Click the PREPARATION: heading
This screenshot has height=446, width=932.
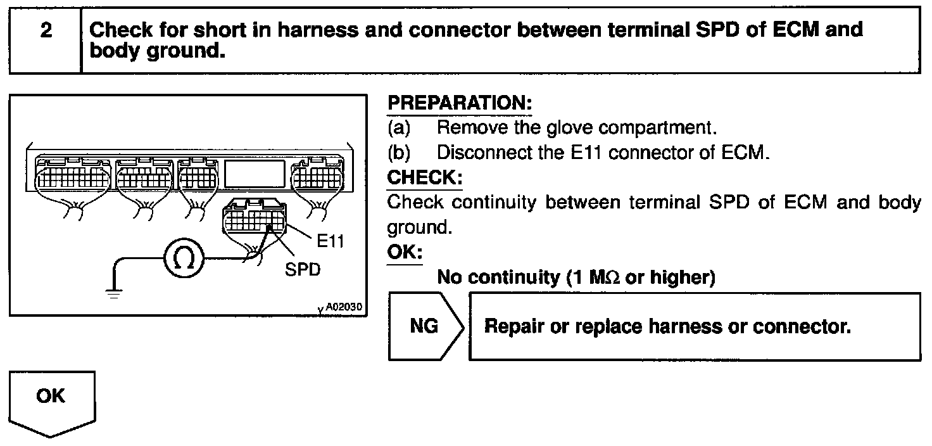click(460, 103)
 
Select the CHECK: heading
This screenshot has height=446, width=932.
click(425, 177)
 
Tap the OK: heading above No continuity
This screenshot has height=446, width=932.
click(405, 253)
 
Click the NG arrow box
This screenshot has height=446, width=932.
click(425, 327)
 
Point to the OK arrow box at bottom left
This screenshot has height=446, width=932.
click(51, 401)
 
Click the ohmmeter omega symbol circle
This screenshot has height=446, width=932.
click(184, 259)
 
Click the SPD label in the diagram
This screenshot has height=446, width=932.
click(303, 269)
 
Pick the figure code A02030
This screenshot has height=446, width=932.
click(343, 307)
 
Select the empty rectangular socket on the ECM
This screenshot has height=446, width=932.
click(255, 173)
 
